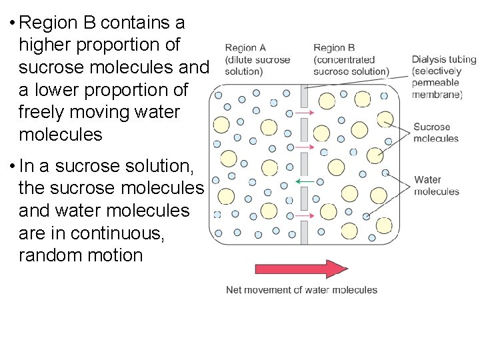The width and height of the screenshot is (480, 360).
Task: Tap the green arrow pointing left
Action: pyautogui.click(x=306, y=181)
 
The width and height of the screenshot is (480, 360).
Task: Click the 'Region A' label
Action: pyautogui.click(x=245, y=48)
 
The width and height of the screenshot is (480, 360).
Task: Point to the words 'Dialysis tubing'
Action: pyautogui.click(x=444, y=59)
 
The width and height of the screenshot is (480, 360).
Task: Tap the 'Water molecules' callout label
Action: pyautogui.click(x=437, y=185)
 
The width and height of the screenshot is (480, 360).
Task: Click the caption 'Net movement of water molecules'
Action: pyautogui.click(x=301, y=290)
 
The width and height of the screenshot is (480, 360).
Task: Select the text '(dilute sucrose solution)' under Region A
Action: pyautogui.click(x=256, y=65)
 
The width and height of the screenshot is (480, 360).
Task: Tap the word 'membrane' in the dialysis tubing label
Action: pyautogui.click(x=436, y=95)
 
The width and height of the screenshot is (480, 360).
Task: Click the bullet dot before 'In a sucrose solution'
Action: pyautogui.click(x=12, y=165)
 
